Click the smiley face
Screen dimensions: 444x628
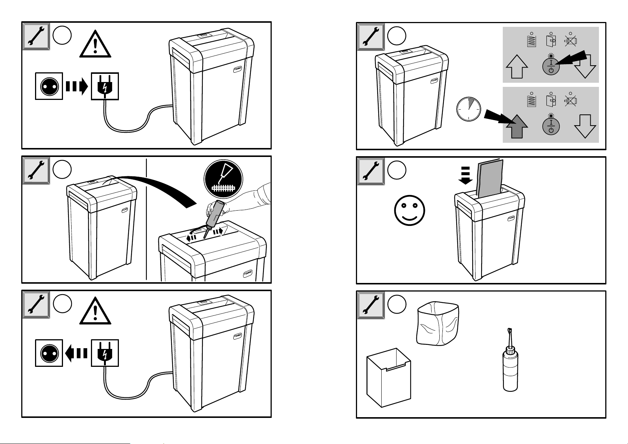pos(410,211)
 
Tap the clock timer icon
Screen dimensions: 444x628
pos(468,109)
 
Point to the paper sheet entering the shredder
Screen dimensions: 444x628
pos(490,178)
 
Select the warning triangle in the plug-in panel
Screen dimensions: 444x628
pos(95,45)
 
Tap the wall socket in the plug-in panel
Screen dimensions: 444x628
pos(49,86)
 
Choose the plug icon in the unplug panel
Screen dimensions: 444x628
pos(105,353)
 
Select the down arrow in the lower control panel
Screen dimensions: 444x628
pos(585,126)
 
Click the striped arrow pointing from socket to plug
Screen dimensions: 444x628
pos(77,86)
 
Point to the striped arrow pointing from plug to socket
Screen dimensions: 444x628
pos(76,353)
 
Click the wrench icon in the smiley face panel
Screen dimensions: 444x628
pos(371,171)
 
